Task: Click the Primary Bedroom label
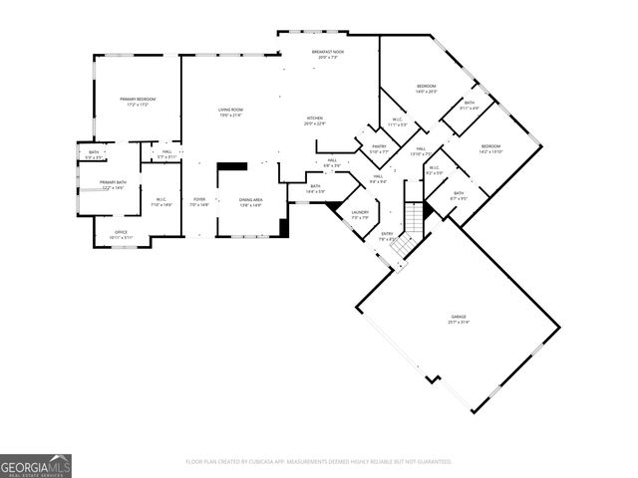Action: (137, 102)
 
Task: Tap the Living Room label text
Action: (231, 112)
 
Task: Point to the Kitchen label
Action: (315, 119)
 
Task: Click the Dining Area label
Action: (250, 202)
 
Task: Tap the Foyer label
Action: (199, 202)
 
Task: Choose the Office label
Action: (121, 234)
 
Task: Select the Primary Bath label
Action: (113, 184)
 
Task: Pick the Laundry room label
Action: (360, 214)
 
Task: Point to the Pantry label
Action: (379, 148)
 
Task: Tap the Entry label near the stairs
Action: (387, 236)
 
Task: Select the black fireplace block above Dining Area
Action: (232, 168)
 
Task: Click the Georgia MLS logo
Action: (36, 465)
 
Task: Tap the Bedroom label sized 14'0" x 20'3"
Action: (426, 89)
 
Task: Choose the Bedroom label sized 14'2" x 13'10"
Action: (490, 148)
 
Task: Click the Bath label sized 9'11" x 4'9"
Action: (470, 105)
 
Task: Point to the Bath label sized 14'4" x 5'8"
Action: (315, 188)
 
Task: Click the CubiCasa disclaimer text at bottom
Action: (319, 461)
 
